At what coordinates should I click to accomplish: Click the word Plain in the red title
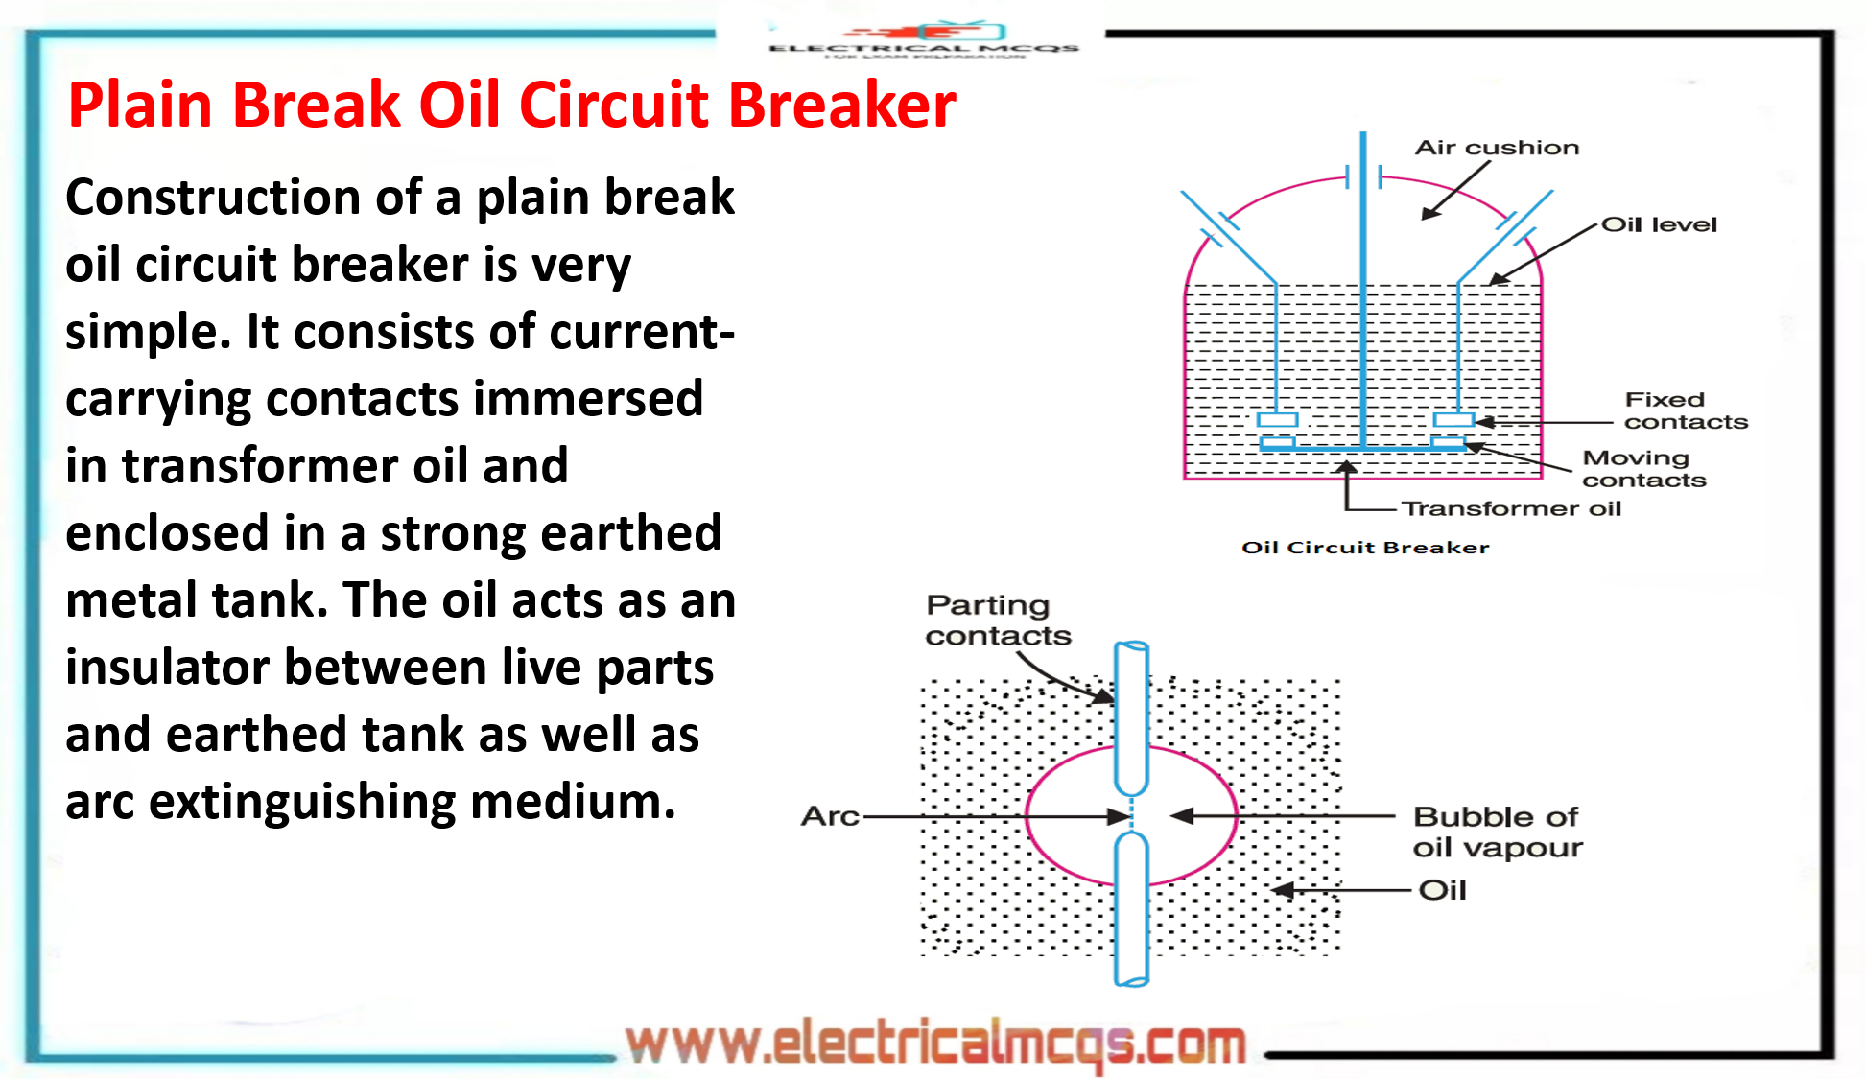pyautogui.click(x=140, y=105)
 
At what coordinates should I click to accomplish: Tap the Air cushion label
pyautogui.click(x=1496, y=148)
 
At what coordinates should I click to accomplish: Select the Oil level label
pyautogui.click(x=1659, y=224)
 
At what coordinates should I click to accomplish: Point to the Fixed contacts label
pyautogui.click(x=1685, y=410)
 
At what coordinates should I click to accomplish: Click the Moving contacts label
pyautogui.click(x=1643, y=469)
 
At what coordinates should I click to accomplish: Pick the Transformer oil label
pyautogui.click(x=1511, y=508)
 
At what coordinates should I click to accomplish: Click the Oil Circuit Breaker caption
pyautogui.click(x=1364, y=548)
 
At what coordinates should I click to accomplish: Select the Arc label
pyautogui.click(x=830, y=816)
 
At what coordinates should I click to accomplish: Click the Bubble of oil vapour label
pyautogui.click(x=1496, y=832)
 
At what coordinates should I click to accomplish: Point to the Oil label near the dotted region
pyautogui.click(x=1442, y=890)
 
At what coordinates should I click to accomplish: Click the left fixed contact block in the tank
pyautogui.click(x=1277, y=420)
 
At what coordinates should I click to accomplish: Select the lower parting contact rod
pyautogui.click(x=1132, y=911)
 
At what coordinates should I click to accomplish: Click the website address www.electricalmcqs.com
pyautogui.click(x=935, y=1044)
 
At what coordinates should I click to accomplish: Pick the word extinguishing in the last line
pyautogui.click(x=302, y=802)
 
